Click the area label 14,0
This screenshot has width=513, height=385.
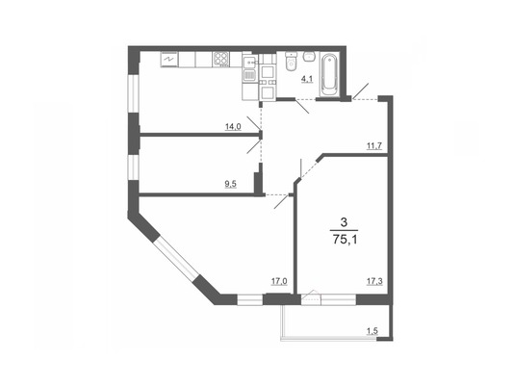coord(233,127)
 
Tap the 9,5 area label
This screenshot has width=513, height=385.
coord(230,184)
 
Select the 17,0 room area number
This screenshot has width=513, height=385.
coord(279,281)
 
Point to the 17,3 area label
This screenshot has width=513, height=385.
coord(374,281)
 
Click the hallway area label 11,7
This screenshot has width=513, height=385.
coord(374,146)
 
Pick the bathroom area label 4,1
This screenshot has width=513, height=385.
coord(307,79)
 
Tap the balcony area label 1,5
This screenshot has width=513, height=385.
coord(372,331)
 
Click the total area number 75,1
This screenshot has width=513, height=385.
coord(345,240)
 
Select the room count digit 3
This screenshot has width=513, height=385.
coord(344,222)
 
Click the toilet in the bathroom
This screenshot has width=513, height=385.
coord(291,62)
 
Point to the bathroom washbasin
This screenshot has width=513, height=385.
coord(309,56)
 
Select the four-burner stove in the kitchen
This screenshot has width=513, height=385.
coord(220,60)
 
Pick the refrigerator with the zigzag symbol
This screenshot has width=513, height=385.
coord(169,60)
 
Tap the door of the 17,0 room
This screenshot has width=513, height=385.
coord(282,201)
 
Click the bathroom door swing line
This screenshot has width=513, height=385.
coord(302,106)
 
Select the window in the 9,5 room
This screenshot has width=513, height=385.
coord(134,167)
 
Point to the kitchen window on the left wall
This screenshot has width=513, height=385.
coord(134,94)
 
